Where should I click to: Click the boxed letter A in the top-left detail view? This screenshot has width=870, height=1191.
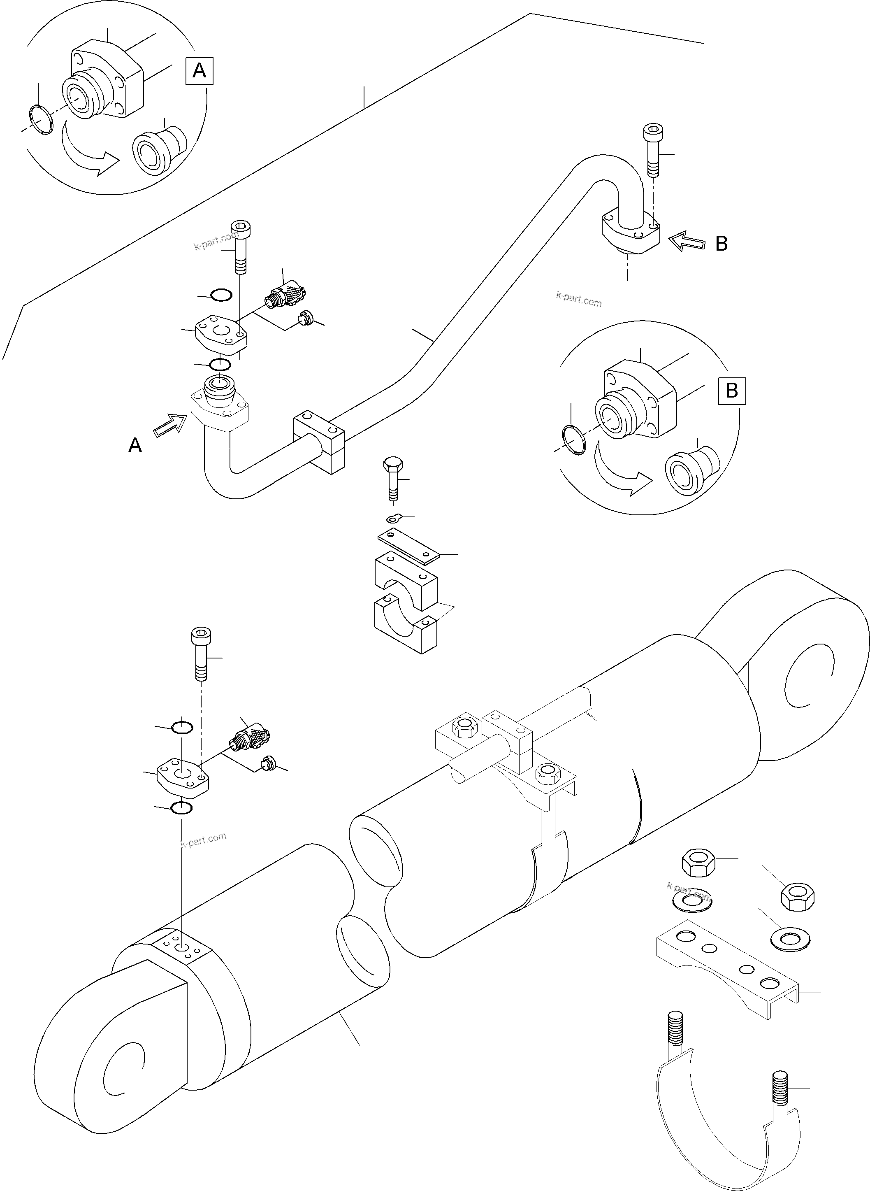pos(199,71)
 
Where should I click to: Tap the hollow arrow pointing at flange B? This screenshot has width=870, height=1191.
pos(687,242)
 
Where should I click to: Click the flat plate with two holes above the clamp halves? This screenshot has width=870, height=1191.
pos(408,547)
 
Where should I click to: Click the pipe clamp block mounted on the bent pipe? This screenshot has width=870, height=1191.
pos(320,442)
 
